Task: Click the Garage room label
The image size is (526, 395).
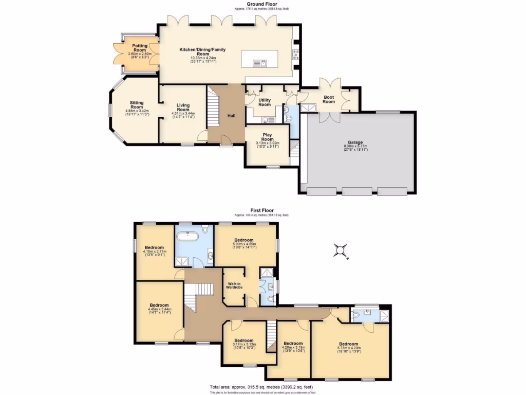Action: [x=355, y=142]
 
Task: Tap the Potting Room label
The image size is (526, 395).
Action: [x=140, y=46]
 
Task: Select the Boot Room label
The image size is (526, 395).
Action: [x=329, y=99]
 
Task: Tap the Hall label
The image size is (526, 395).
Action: [x=231, y=116]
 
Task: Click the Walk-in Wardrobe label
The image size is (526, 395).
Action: [x=234, y=284]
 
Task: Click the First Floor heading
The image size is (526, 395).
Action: [x=261, y=210]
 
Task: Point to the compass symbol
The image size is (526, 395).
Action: [x=340, y=250]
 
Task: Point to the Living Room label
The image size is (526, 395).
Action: [x=183, y=107]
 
